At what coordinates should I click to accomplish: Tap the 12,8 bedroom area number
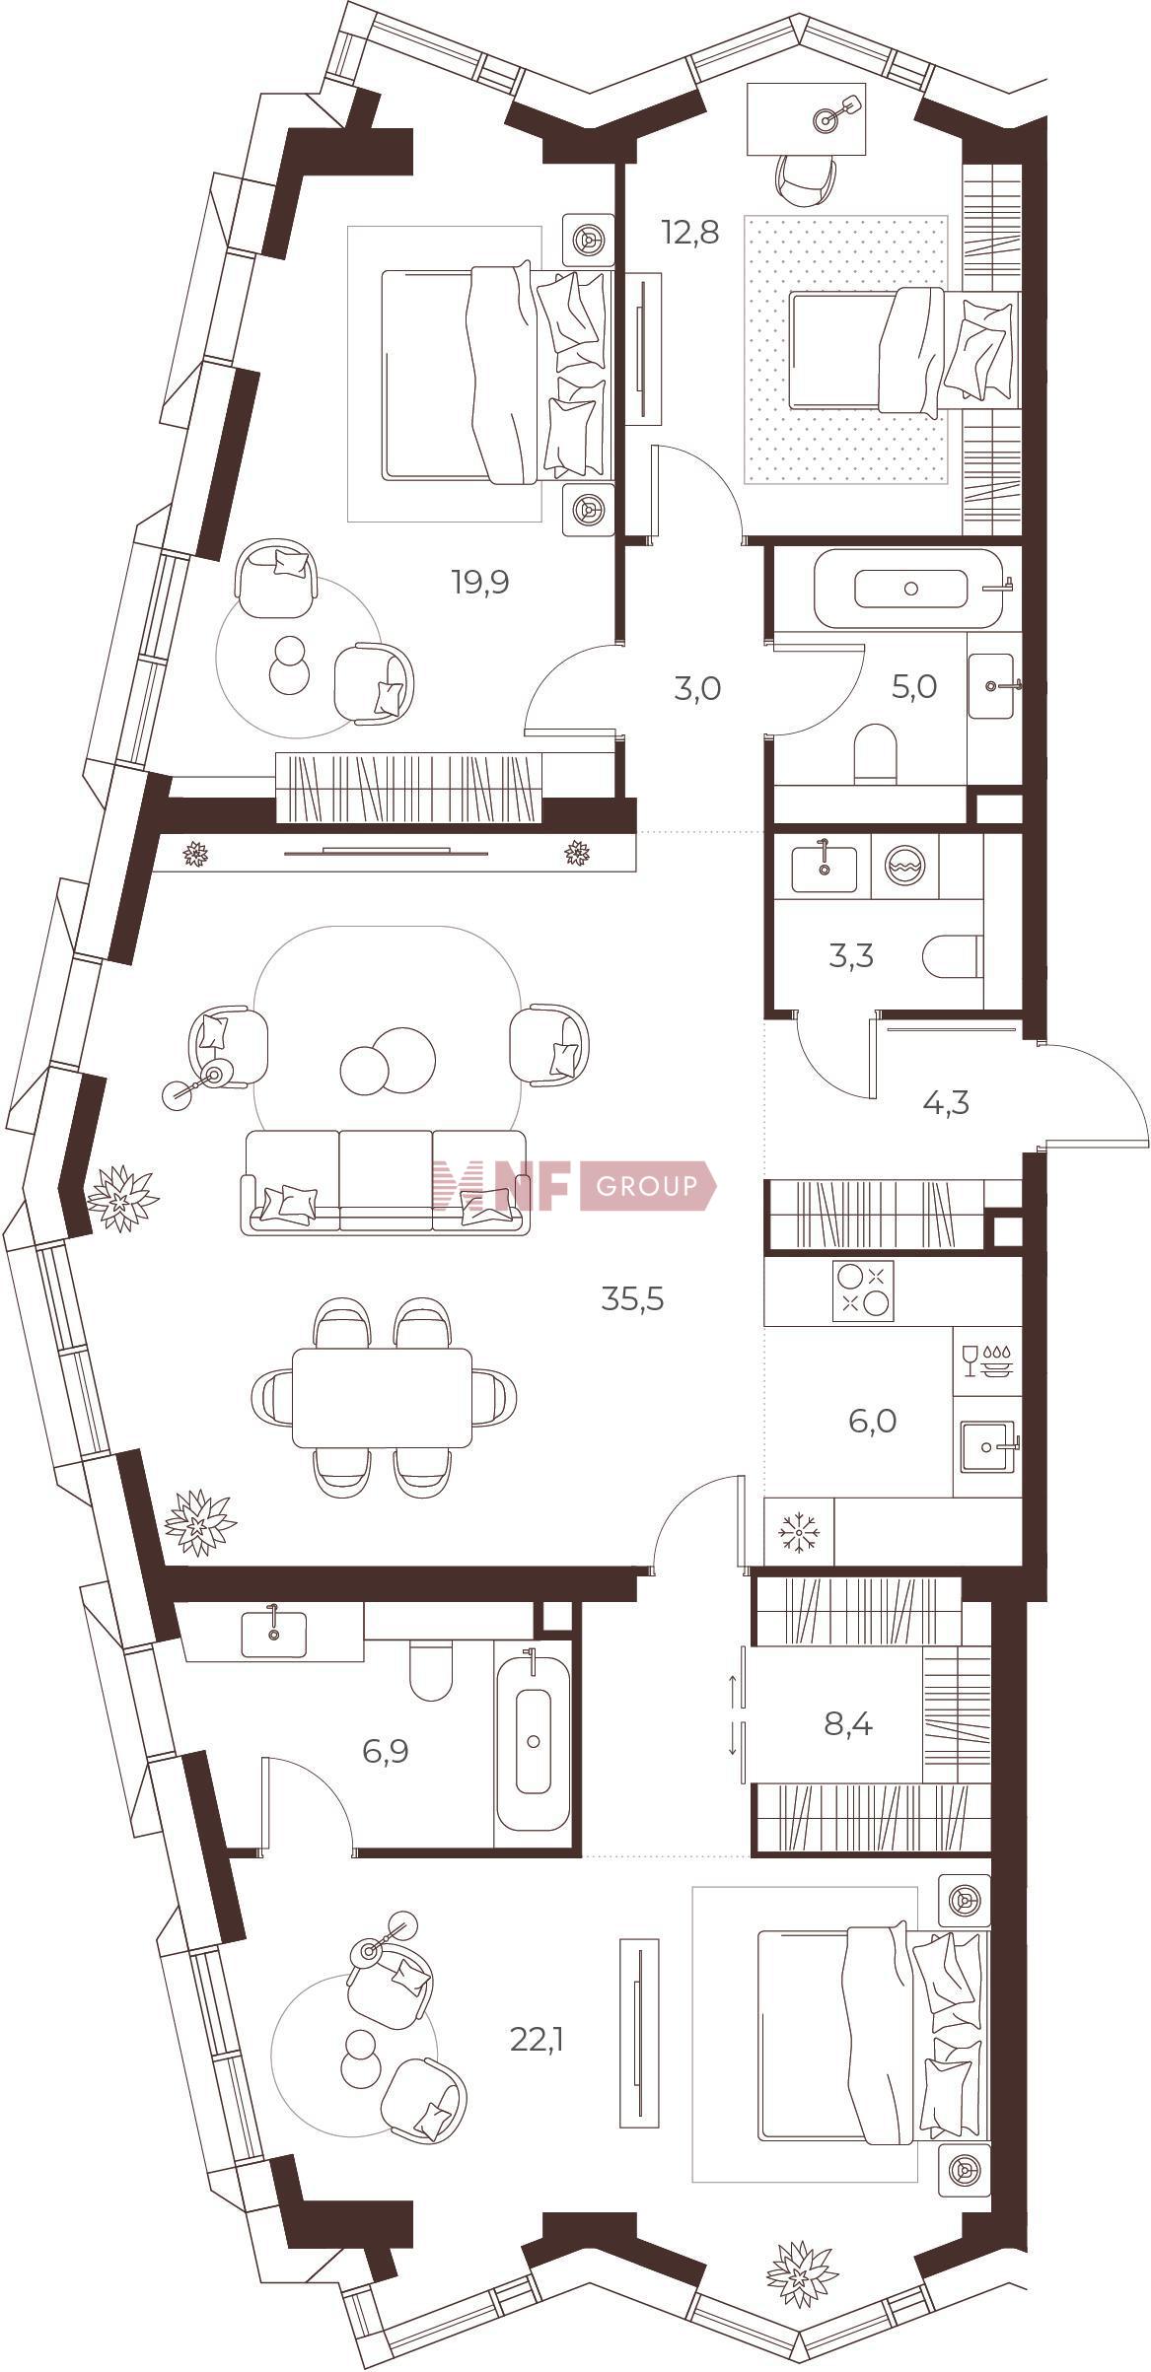690,233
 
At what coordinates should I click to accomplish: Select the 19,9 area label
480,583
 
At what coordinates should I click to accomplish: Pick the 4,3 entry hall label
918,1102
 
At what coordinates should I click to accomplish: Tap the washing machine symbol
904,868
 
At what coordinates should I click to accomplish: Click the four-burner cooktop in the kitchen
863,1291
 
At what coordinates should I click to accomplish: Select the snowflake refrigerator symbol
799,1531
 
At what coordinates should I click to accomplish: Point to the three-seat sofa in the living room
385,1182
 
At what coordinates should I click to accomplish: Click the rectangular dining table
383,1397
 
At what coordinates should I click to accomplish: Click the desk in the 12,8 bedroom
806,119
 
